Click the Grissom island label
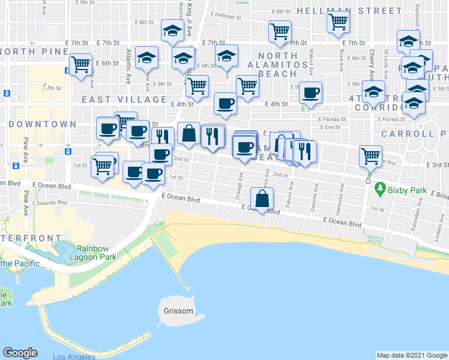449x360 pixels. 178,311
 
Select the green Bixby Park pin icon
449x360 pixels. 379,190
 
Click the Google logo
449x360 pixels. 20,353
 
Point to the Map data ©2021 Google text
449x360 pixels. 411,355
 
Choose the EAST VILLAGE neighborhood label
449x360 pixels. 124,100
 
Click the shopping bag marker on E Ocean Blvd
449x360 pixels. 262,199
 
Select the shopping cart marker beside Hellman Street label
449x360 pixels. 339,22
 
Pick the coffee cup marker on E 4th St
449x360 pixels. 225,104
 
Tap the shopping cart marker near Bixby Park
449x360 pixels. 371,157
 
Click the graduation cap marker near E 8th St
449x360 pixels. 172,31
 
